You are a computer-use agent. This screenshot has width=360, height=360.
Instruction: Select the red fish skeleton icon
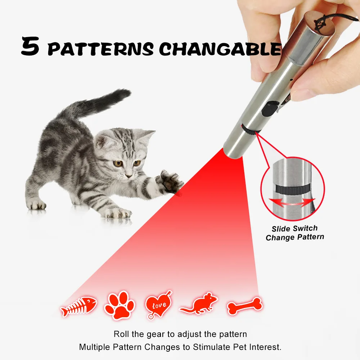pos(79,306)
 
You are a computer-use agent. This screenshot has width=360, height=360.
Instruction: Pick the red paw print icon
pos(119,305)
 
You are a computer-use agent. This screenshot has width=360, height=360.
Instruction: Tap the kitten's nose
pos(129,175)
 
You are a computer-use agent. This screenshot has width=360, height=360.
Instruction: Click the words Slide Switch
pos(294,229)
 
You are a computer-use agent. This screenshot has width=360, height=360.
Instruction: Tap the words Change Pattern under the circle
pos(294,237)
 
